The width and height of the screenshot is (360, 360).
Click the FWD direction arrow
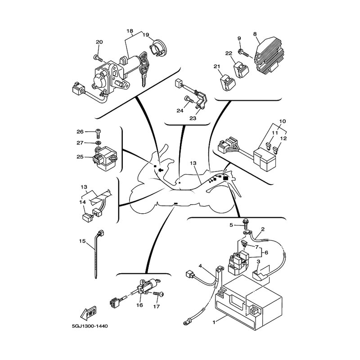pyautogui.click(x=88, y=313)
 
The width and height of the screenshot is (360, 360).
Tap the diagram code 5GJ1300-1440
pyautogui.click(x=90, y=326)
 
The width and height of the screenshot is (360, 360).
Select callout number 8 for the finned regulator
pyautogui.click(x=255, y=34)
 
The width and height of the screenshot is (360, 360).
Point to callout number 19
pyautogui.click(x=146, y=35)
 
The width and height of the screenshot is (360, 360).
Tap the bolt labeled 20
pyautogui.click(x=98, y=58)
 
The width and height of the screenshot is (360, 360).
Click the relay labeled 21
pyautogui.click(x=228, y=82)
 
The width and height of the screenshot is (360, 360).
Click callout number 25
pyautogui.click(x=80, y=157)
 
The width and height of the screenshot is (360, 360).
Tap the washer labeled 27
pyautogui.click(x=99, y=143)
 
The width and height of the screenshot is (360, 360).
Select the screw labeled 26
pyautogui.click(x=99, y=133)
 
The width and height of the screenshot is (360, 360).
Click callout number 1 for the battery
pyautogui.click(x=214, y=322)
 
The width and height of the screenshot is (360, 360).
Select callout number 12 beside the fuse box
pyautogui.click(x=283, y=139)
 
